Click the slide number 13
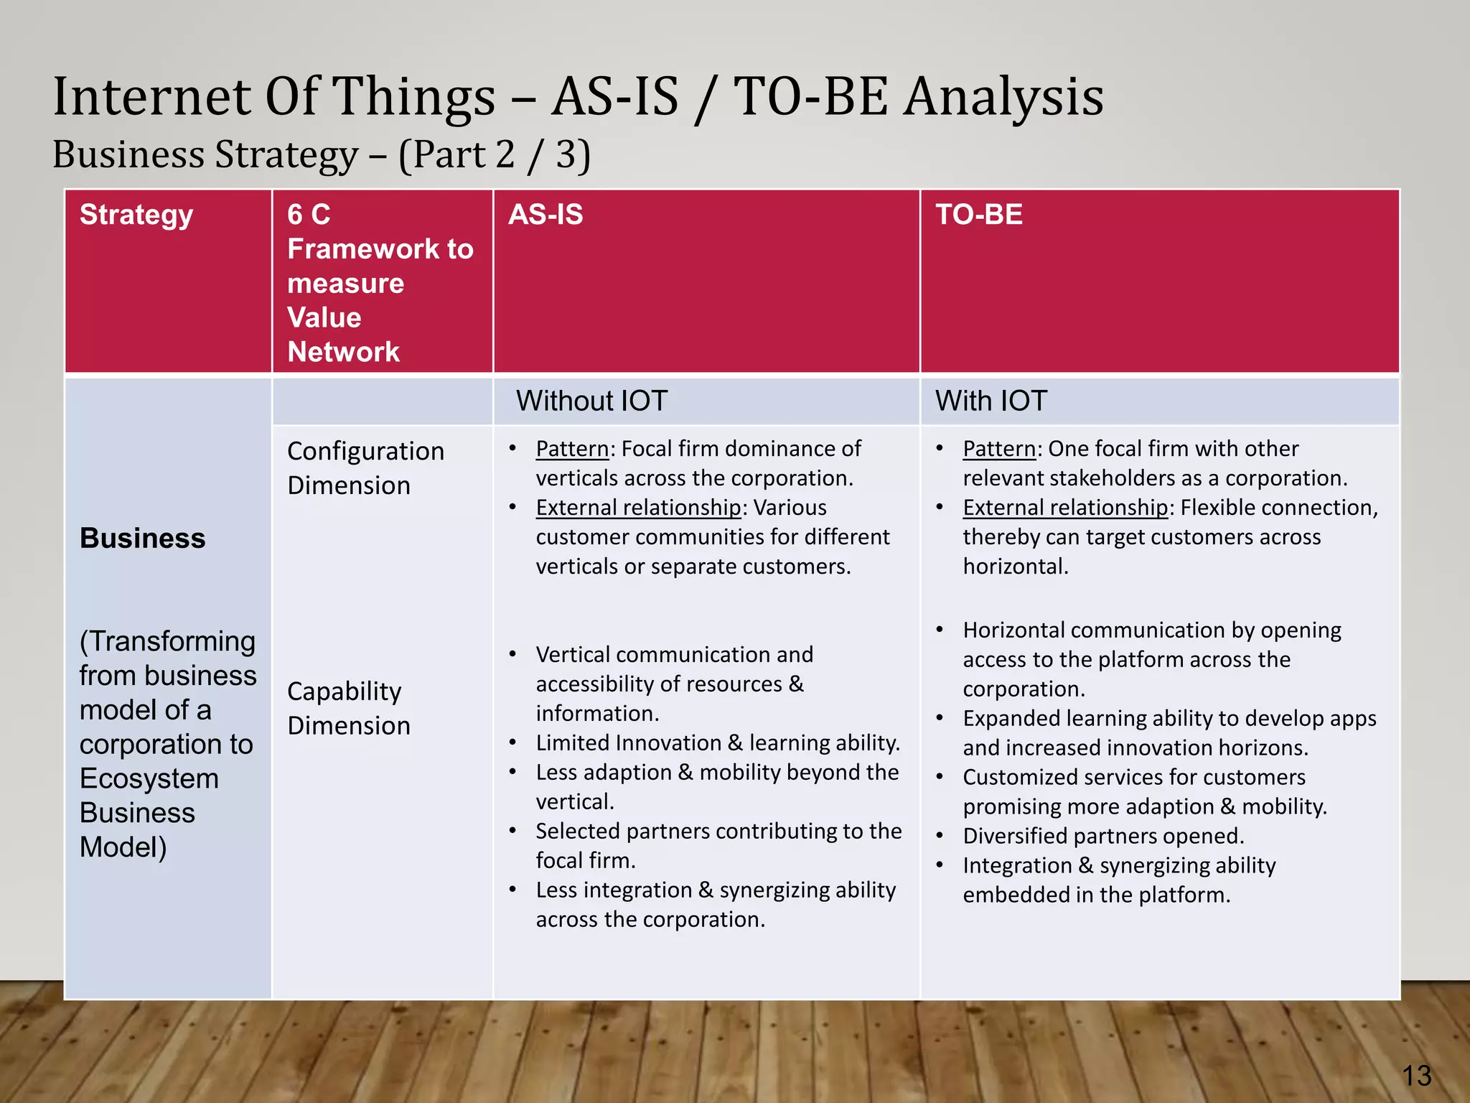1416,1076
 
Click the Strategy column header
136,215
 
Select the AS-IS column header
546,215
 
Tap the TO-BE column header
978,215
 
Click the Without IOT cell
591,401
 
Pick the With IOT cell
991,401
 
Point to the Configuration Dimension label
365,468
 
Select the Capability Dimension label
349,708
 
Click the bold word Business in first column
142,538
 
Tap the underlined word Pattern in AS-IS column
572,449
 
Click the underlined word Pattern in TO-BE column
999,449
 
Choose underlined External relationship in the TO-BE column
1065,508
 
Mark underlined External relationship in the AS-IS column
638,508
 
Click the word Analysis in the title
1003,97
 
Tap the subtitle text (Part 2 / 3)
495,154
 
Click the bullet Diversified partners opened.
1103,836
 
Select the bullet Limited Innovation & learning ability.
717,743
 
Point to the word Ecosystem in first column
149,778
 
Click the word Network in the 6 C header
343,352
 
